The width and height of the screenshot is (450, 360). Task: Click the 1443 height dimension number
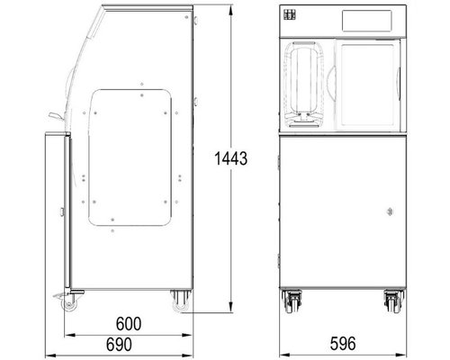point(230,158)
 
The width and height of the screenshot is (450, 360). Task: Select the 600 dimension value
point(129,324)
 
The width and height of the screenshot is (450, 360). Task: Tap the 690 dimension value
point(119,345)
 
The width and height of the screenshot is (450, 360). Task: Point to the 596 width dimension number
point(343,344)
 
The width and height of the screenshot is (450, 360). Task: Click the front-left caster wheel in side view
point(69,303)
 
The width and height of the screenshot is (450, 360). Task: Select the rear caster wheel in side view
point(181,301)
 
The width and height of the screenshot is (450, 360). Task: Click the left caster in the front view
point(292,301)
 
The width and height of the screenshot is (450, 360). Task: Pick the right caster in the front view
point(394,301)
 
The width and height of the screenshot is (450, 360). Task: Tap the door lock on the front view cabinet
point(390,211)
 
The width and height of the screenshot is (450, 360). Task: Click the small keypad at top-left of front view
point(290,14)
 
